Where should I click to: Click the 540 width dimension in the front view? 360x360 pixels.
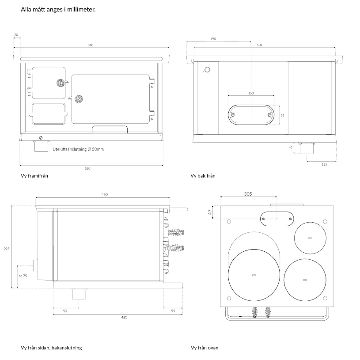(x=91, y=45)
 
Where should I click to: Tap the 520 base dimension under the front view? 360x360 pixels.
(x=87, y=168)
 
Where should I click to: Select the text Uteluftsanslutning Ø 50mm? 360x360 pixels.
(x=78, y=149)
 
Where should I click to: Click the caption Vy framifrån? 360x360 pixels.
(x=34, y=176)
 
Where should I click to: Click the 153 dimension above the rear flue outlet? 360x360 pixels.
(x=251, y=94)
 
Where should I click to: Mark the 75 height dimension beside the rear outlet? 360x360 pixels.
(x=282, y=115)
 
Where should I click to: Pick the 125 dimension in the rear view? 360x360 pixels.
(x=324, y=164)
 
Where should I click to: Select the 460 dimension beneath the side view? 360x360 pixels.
(x=124, y=317)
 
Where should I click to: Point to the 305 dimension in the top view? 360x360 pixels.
(x=248, y=193)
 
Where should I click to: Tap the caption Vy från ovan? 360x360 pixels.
(x=205, y=348)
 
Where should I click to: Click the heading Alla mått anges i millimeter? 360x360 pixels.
(x=58, y=9)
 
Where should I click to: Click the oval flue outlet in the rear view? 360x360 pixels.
(x=251, y=115)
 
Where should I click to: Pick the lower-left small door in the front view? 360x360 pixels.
(x=49, y=113)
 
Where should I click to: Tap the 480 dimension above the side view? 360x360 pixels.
(x=104, y=195)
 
